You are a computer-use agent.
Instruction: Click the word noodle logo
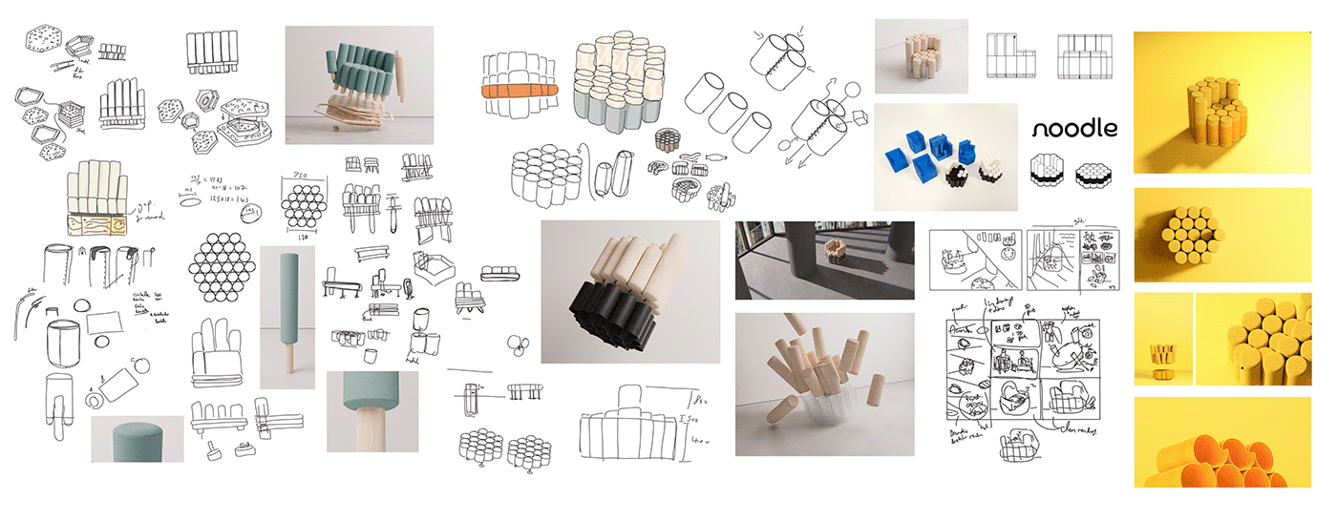[x=1074, y=129]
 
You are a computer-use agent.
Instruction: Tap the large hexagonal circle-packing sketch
[x=222, y=269]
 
